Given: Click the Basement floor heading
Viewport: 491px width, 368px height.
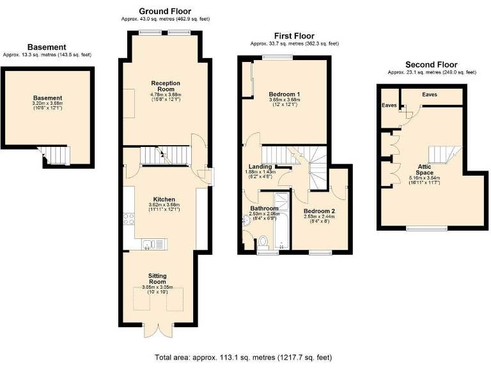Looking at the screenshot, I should [x=46, y=47].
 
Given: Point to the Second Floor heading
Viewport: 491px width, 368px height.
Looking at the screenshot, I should [x=432, y=65].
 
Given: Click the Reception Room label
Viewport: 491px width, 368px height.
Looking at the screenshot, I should [x=166, y=86].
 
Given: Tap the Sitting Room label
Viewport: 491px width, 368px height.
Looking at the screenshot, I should [x=157, y=278].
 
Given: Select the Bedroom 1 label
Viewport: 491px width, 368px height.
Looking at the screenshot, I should [x=284, y=95].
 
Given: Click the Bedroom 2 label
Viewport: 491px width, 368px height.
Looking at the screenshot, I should [x=319, y=211].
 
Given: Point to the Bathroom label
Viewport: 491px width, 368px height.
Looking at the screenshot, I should [x=263, y=208].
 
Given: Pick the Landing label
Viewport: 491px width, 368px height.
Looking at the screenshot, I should [x=260, y=167].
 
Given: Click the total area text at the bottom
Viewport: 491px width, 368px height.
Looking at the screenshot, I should [x=243, y=357].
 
